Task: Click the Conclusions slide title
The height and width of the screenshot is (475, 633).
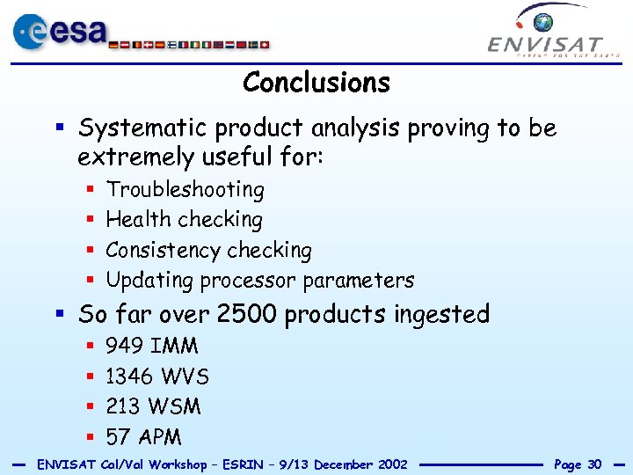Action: pos(316,83)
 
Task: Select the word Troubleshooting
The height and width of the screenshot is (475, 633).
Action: pos(185,190)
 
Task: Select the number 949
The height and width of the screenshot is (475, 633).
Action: pos(125,346)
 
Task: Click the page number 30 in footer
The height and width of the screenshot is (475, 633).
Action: pos(594,464)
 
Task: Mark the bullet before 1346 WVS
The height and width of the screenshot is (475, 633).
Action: pos(91,377)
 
